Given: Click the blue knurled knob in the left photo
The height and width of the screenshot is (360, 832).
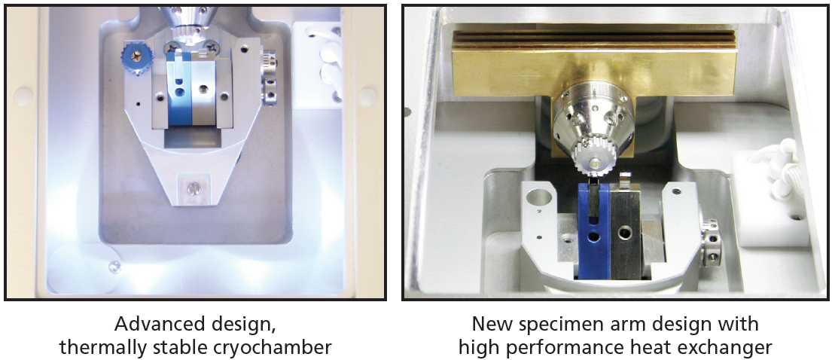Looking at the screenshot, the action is (x=137, y=59).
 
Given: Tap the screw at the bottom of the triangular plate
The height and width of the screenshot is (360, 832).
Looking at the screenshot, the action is (x=194, y=188).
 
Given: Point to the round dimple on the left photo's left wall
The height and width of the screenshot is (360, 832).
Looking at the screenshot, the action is (x=23, y=97).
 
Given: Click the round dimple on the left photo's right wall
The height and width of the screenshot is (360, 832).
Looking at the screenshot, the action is (x=367, y=96).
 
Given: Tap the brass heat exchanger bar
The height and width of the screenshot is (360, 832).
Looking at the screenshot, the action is (x=594, y=64).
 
